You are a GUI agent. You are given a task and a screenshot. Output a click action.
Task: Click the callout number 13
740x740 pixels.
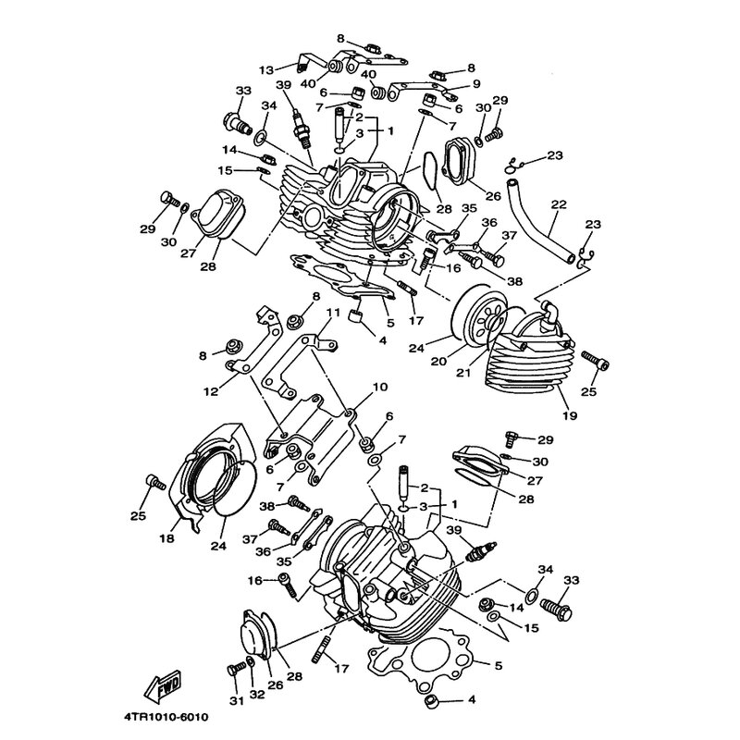click(x=265, y=69)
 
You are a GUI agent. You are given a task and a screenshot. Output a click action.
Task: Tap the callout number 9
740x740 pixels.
click(x=476, y=84)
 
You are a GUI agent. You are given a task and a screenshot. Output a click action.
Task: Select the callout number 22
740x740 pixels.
click(x=558, y=204)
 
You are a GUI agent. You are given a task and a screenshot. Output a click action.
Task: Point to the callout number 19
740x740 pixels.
click(x=569, y=415)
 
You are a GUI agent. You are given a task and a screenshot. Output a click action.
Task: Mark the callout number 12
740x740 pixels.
click(x=211, y=392)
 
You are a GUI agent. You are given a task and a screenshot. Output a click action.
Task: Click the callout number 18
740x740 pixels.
click(x=167, y=537)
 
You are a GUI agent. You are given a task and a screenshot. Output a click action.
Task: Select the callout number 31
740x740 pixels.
click(x=235, y=701)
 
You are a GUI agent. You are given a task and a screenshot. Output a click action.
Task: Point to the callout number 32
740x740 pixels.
click(x=256, y=701)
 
